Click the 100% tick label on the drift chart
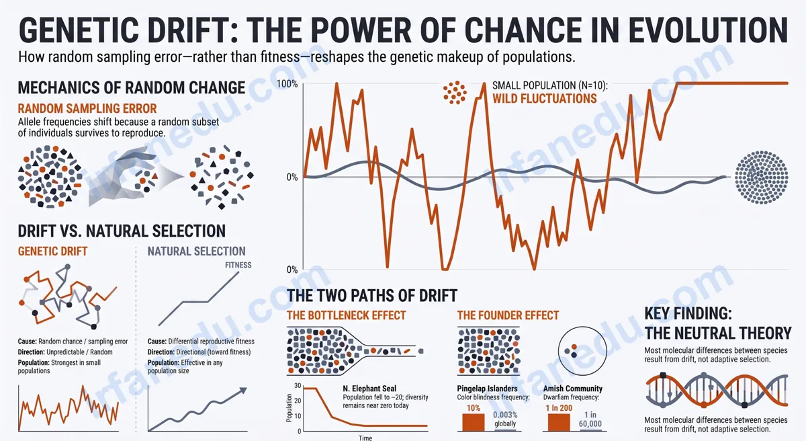point(287,84)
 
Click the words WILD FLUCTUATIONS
point(545,99)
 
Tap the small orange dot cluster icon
point(455,93)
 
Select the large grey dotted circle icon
point(761,177)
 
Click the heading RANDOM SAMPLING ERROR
point(87,108)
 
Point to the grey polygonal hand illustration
point(124,176)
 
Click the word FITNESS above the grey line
point(238,265)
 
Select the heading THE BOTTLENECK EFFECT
point(346,315)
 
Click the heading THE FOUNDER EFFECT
point(508,315)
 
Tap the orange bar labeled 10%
point(473,422)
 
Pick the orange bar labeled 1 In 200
point(559,422)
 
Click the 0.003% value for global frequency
point(505,415)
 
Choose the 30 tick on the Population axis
point(298,386)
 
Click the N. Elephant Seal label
point(369,389)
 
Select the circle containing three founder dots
point(582,351)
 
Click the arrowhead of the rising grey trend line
point(244,391)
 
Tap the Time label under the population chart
point(365,438)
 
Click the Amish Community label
point(572,389)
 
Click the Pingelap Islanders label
point(487,389)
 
